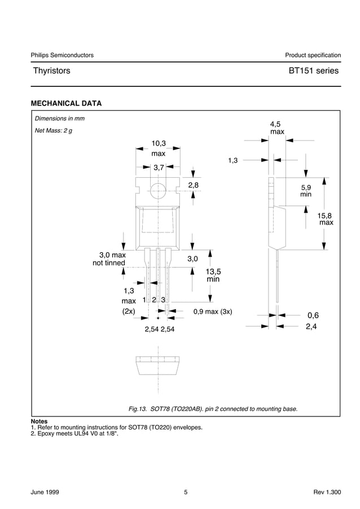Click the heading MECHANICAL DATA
[x=66, y=103]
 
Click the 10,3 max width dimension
[x=158, y=148]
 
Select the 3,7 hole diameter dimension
[x=158, y=168]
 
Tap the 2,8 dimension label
[x=194, y=185]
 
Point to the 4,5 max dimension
[x=276, y=128]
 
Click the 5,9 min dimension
[x=306, y=190]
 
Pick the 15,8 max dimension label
[x=326, y=218]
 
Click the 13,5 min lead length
[x=213, y=275]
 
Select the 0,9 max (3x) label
[x=213, y=311]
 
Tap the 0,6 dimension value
[x=313, y=315]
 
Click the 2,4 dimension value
[x=312, y=326]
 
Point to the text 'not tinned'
[x=109, y=263]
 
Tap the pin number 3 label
[x=163, y=300]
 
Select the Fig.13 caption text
[x=213, y=409]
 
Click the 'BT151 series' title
[x=313, y=71]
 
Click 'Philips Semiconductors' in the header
[x=62, y=55]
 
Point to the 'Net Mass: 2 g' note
[x=54, y=130]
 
